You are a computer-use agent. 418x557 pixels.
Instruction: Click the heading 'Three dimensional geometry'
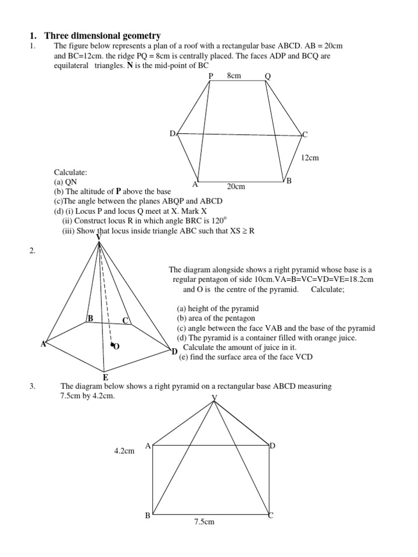102,36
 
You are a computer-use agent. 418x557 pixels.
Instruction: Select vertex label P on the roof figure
211,76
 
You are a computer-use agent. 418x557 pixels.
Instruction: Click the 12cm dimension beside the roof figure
309,158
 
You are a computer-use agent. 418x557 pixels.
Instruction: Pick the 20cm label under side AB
236,187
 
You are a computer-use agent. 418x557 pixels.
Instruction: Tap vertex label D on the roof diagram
172,133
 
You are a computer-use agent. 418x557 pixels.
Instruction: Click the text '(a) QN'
65,182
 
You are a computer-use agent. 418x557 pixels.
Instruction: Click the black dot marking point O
112,345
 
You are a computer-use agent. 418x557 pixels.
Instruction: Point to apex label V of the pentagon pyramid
99,237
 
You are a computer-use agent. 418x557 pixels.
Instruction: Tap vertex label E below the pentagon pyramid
105,376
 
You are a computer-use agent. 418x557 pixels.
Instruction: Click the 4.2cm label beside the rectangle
124,451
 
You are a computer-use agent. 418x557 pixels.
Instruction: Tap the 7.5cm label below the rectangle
204,522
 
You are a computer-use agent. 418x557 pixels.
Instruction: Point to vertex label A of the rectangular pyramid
147,445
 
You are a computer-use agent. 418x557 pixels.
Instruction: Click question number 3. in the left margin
32,386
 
